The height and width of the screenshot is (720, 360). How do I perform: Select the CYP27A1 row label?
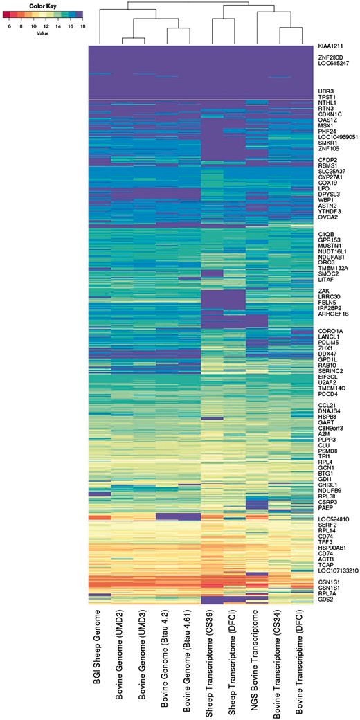(x=332, y=177)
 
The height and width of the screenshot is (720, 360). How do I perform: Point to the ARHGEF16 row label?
(x=333, y=314)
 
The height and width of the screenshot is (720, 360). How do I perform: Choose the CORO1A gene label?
(x=330, y=331)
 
